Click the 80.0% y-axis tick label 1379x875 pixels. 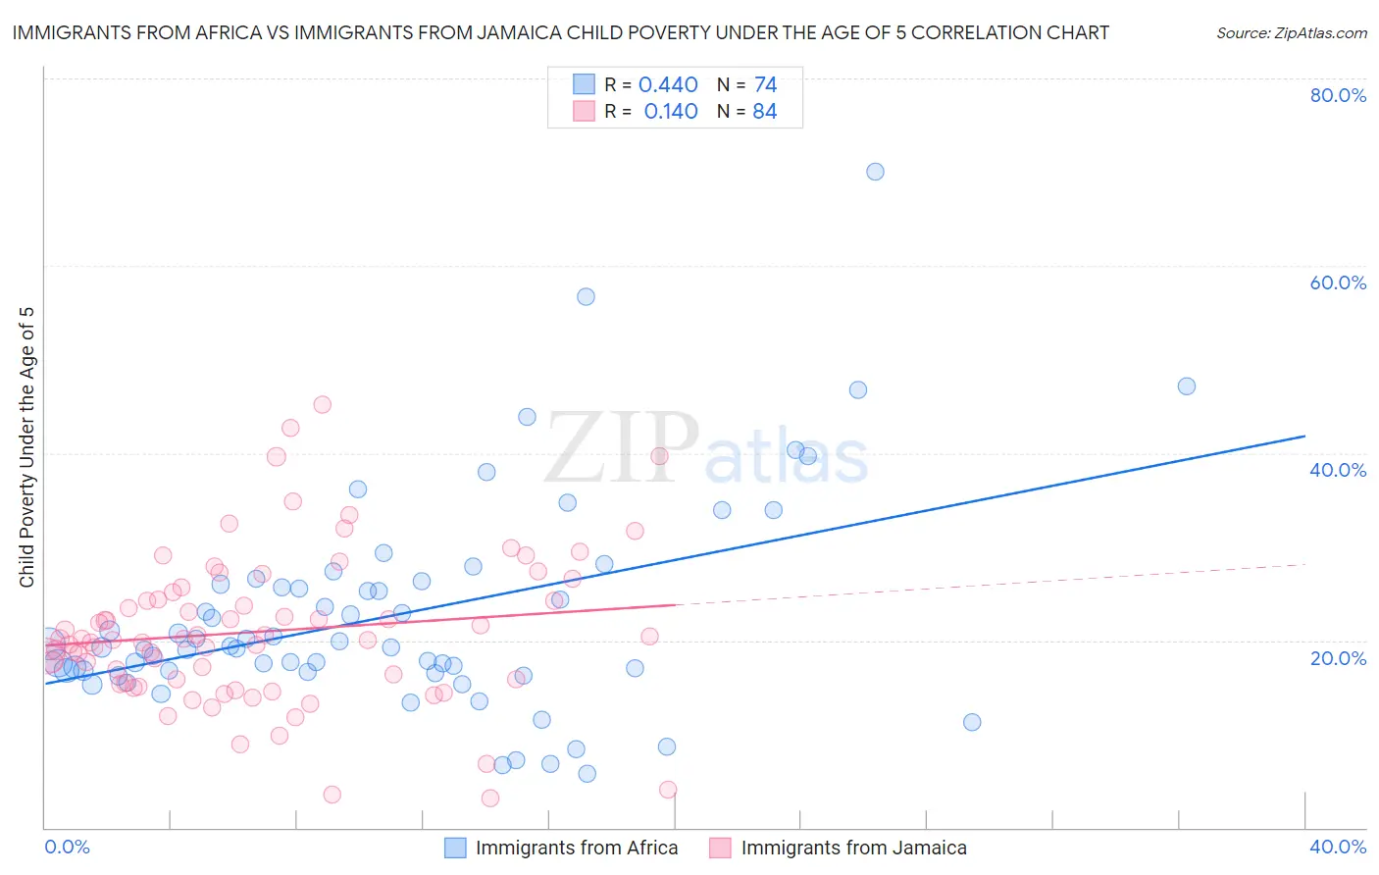coord(1338,95)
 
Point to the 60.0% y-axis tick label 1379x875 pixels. coord(1338,283)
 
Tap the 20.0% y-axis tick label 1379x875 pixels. coord(1338,658)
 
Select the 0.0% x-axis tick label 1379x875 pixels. coord(67,847)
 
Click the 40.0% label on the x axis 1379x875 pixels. coord(1338,847)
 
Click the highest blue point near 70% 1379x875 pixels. coord(875,172)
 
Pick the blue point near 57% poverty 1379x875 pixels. coord(586,296)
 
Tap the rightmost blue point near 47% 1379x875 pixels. coord(1187,386)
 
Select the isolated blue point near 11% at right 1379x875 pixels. coord(972,722)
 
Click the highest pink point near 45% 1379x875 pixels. coord(322,404)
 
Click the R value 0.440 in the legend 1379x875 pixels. coord(668,85)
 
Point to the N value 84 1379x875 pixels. coord(765,112)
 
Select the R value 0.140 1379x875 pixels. coord(671,112)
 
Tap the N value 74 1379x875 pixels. coord(766,85)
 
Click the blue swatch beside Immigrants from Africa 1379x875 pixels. coord(455,848)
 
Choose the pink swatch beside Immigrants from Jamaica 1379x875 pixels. coord(720,848)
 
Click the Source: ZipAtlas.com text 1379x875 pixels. coord(1291,33)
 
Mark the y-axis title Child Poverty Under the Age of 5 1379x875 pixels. coord(27,447)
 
